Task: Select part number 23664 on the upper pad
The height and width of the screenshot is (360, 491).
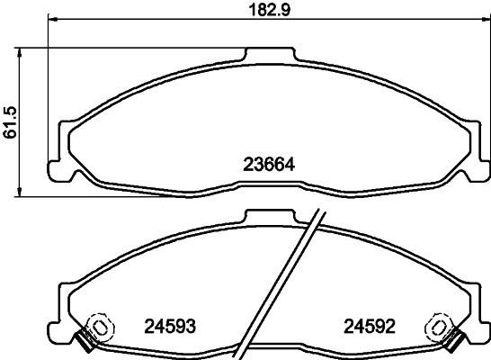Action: point(269,164)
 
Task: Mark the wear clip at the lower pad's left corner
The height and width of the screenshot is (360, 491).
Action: point(85,340)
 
